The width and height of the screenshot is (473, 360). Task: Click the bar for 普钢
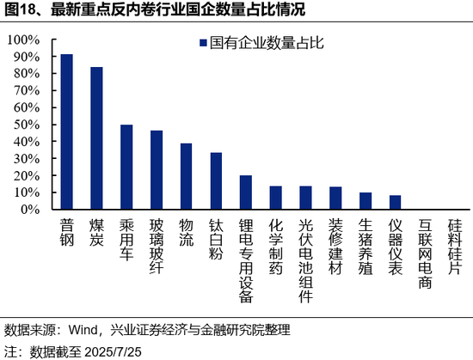click(x=67, y=131)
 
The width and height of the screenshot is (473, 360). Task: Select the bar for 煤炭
click(x=96, y=137)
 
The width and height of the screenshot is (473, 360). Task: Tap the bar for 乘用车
click(x=126, y=167)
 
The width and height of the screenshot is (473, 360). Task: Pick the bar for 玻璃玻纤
click(x=157, y=169)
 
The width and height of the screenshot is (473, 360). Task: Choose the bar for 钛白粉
click(x=216, y=180)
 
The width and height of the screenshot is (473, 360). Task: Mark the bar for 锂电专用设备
click(x=246, y=192)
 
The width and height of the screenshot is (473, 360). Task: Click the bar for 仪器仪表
click(x=395, y=202)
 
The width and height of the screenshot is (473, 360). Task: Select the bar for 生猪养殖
click(x=365, y=200)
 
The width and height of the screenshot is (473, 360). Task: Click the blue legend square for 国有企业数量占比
click(x=202, y=42)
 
